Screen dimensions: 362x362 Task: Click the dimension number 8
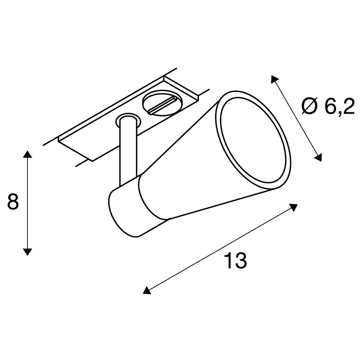coord(13,201)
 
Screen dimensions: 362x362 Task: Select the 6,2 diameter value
coord(339,106)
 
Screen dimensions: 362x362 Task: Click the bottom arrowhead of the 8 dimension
coord(27,252)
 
